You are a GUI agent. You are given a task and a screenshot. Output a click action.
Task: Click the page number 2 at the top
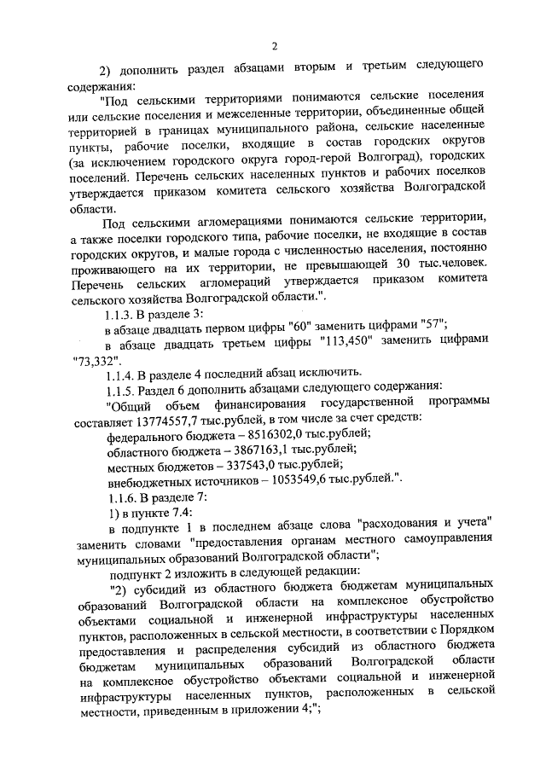point(273,47)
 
